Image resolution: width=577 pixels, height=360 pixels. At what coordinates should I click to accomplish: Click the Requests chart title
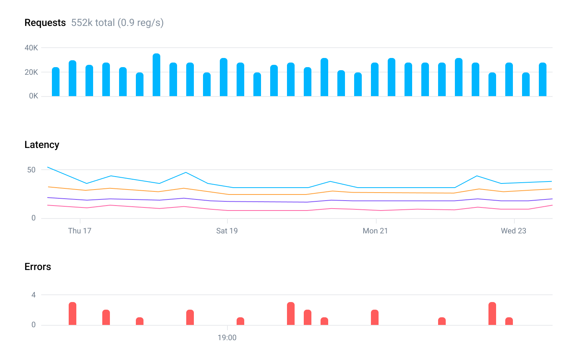(45, 23)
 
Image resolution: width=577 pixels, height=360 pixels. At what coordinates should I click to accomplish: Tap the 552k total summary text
(117, 23)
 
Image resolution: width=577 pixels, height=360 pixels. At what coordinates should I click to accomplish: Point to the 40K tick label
(31, 48)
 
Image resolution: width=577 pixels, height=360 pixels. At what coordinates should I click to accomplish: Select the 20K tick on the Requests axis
(31, 72)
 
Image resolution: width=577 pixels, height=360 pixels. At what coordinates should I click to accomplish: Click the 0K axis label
(34, 96)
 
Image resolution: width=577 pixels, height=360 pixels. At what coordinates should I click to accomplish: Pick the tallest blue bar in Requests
(156, 75)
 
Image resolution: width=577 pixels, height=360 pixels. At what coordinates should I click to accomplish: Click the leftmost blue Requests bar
(56, 82)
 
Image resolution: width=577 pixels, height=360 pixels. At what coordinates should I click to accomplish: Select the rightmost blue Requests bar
(543, 80)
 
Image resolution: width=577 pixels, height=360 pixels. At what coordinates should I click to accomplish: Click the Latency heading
(42, 145)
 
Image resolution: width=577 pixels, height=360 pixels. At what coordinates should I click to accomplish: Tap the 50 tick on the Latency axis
(31, 170)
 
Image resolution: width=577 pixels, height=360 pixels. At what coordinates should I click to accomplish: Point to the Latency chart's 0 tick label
(34, 218)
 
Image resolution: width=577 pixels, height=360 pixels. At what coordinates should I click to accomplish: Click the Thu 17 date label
(80, 231)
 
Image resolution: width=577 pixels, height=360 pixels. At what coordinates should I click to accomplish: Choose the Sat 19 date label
(227, 231)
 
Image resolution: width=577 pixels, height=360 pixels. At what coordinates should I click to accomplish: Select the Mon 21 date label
(375, 231)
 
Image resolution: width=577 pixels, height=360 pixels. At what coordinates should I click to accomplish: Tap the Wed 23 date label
(514, 231)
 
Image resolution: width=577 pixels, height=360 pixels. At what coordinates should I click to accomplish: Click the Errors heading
(38, 267)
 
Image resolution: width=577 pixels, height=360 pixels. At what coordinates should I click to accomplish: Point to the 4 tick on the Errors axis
(34, 295)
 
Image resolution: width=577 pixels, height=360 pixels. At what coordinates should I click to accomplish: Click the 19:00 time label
(227, 337)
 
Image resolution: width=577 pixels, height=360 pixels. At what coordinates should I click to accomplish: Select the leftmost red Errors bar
(73, 314)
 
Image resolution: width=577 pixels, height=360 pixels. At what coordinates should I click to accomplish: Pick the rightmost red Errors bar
(509, 321)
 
